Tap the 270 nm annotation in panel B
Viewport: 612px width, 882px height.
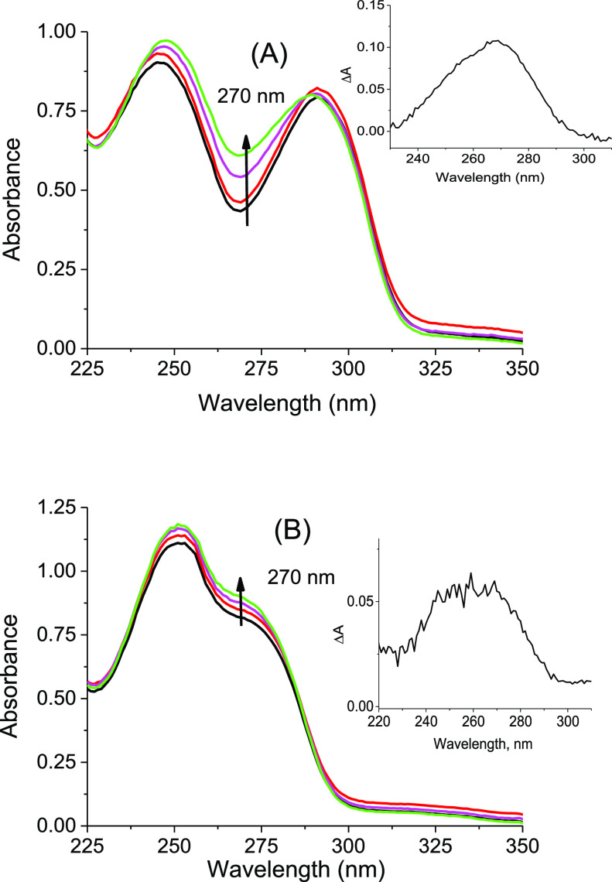[x=292, y=576]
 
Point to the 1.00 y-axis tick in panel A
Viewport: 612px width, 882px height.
[x=58, y=32]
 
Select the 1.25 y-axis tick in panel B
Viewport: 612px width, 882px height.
[x=58, y=508]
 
